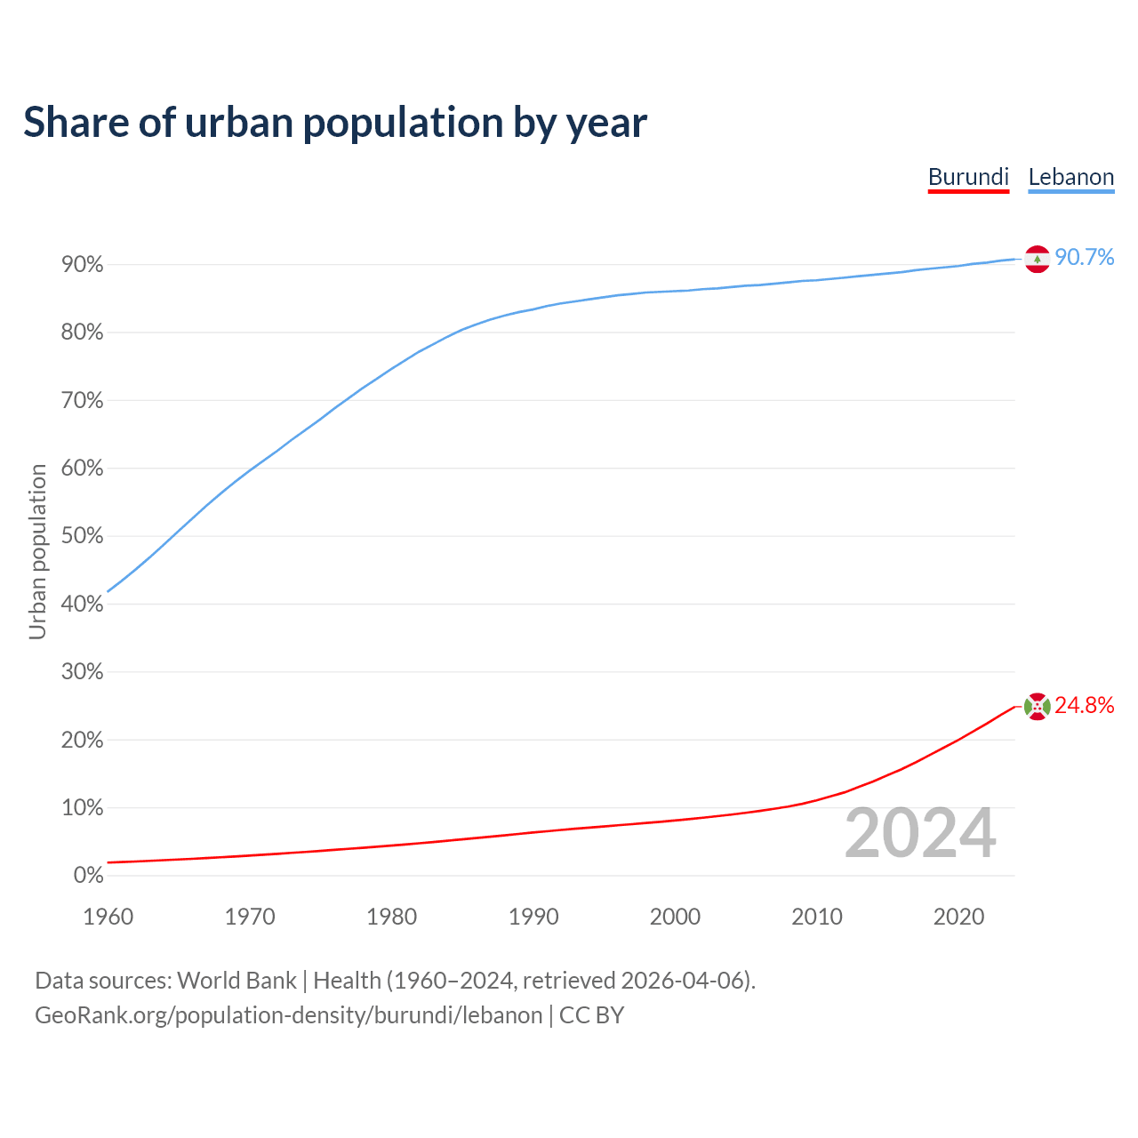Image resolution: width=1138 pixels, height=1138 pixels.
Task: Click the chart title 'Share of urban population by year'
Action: coord(335,123)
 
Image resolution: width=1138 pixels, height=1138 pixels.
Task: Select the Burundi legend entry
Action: coord(968,177)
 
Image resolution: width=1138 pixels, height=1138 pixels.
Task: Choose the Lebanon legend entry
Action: coord(1070,177)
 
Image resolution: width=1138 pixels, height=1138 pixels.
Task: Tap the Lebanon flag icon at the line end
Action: coord(1038,259)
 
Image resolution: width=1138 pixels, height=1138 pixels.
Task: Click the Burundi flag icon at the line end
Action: coord(1038,706)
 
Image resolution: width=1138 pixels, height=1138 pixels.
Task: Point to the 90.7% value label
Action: coord(1085,258)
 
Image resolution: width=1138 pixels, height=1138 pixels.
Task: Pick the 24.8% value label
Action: coord(1085,706)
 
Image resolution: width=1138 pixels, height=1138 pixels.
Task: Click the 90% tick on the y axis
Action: coord(82,265)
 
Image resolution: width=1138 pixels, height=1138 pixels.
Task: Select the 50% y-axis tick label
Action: coord(82,536)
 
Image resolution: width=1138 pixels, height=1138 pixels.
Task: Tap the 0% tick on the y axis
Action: coord(88,876)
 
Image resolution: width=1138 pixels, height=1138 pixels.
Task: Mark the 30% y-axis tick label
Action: coord(82,672)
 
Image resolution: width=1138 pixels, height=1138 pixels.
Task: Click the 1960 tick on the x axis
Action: coord(108,917)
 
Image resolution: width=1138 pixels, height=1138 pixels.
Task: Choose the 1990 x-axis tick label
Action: coord(533,917)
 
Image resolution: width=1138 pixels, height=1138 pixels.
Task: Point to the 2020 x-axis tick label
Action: coord(958,917)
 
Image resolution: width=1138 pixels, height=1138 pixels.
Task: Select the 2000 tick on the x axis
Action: coord(675,917)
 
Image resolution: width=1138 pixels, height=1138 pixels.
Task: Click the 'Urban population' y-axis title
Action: coord(37,551)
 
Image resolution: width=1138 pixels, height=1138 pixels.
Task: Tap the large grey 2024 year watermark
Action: coord(920,833)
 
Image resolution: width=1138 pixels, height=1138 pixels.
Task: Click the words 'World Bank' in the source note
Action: coord(236,981)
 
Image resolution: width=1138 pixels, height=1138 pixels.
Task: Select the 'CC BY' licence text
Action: coord(591,1015)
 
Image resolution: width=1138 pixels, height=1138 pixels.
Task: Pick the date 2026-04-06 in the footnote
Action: coord(682,981)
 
